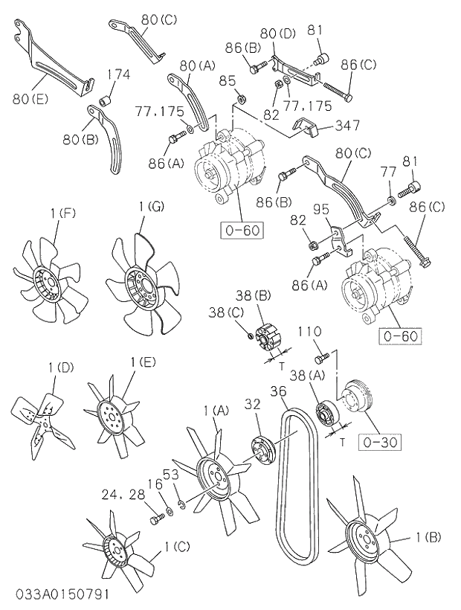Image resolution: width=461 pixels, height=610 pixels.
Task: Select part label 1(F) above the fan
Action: [x=63, y=214]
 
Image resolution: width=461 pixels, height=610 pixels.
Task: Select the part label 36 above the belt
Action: [x=278, y=392]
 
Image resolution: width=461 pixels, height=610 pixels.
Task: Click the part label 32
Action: [x=253, y=405]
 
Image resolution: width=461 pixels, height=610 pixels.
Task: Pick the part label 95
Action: [x=321, y=209]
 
